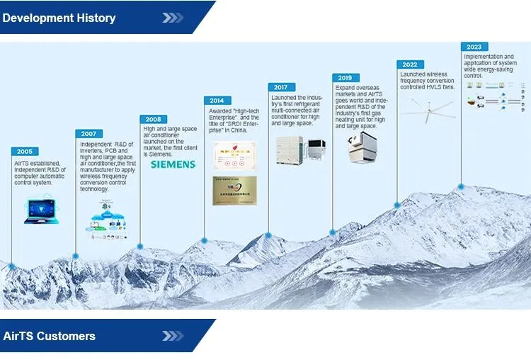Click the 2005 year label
25,152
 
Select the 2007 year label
88,134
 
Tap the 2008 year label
153,119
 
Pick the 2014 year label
217,101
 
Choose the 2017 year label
281,87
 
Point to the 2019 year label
346,78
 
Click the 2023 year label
474,47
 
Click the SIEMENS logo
173,164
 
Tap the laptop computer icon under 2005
41,211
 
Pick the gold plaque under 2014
234,190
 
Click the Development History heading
59,18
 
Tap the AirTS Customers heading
49,336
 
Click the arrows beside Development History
172,18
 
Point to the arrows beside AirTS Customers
172,336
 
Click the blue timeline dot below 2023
461,187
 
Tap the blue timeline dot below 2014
205,241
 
